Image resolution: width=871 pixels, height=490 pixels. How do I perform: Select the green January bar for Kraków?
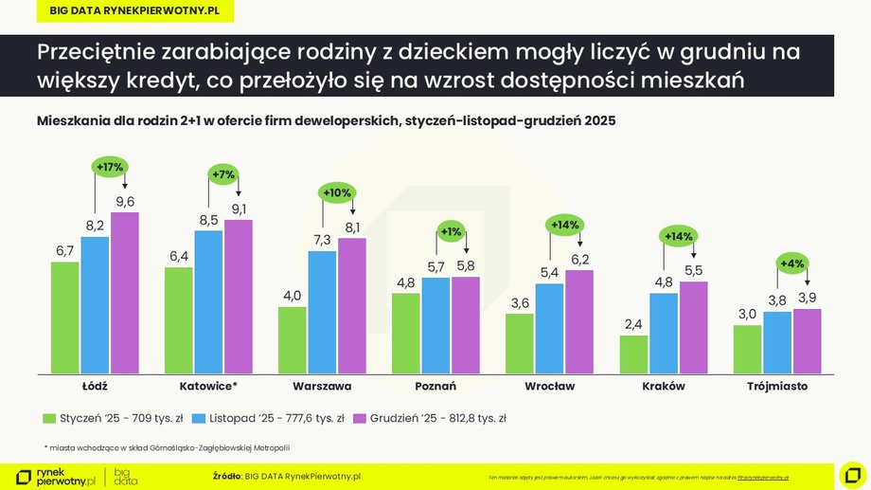point(633,354)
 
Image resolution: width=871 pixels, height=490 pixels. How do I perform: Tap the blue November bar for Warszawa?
point(322,312)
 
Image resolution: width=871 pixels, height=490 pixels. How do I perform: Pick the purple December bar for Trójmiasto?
point(807,340)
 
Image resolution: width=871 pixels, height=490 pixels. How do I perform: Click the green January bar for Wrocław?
point(520,343)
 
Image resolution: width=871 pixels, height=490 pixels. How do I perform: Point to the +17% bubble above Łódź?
point(110,167)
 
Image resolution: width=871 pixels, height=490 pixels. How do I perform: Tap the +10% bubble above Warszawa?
point(338,192)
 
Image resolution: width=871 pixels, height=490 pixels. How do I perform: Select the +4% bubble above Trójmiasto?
point(792,263)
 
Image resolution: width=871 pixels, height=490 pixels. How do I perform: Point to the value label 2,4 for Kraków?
point(633,324)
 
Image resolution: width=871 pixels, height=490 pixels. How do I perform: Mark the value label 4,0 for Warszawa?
point(293,296)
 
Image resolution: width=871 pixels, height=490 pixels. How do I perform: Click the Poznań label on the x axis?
point(435,387)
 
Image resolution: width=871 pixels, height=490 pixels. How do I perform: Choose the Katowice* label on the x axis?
point(208,387)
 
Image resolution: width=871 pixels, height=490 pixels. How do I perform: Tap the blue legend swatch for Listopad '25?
point(199,418)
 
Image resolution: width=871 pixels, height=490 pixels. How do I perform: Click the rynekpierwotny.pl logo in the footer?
point(56,476)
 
